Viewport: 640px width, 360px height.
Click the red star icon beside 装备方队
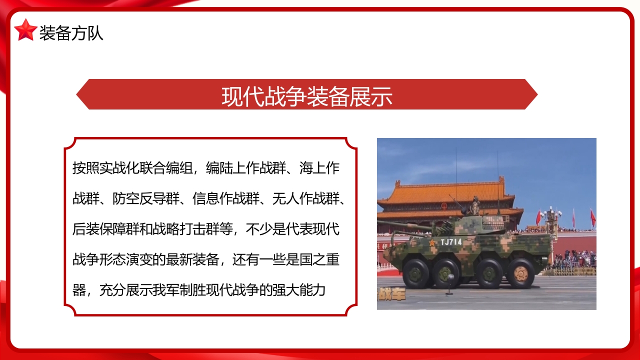(25, 30)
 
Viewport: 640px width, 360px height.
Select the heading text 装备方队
(71, 33)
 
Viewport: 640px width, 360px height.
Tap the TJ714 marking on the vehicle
(451, 242)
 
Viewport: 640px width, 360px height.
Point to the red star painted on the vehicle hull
(431, 242)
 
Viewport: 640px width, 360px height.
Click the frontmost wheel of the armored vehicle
(416, 273)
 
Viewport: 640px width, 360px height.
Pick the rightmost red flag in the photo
(592, 217)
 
